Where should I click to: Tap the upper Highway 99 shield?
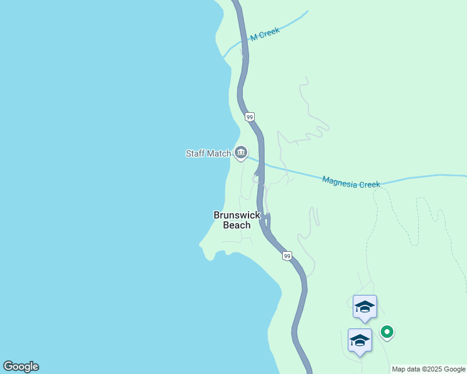(x=249, y=117)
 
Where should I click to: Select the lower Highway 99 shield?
(x=287, y=256)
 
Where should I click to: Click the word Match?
(x=219, y=153)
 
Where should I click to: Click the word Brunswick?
(x=237, y=215)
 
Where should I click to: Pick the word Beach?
(x=237, y=225)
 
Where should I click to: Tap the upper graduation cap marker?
(x=365, y=306)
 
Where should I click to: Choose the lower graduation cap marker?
(x=360, y=340)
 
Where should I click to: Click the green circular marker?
(x=387, y=332)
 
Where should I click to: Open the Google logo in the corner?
(x=21, y=367)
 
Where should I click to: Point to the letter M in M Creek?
(x=253, y=38)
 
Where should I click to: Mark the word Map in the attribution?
(x=399, y=369)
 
